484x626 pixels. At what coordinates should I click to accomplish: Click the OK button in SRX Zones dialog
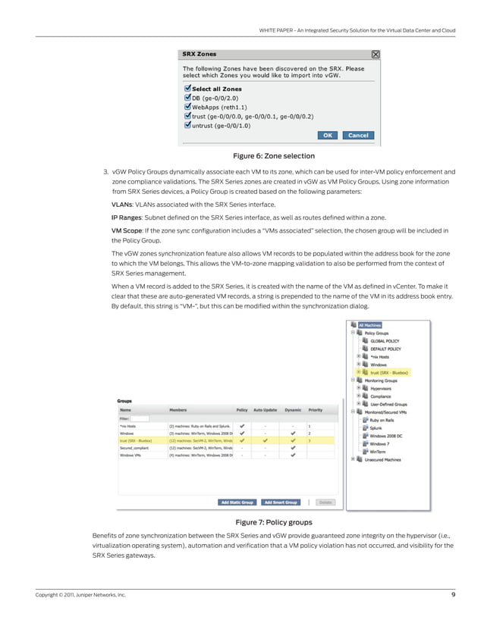tap(327, 135)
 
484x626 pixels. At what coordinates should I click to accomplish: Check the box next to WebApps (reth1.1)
tap(187, 108)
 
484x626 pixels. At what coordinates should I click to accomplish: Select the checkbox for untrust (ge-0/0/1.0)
tap(187, 126)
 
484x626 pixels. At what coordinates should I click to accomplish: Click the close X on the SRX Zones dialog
tap(375, 55)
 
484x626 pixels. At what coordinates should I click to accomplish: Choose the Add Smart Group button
tap(280, 502)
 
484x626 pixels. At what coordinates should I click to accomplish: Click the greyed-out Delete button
tap(324, 502)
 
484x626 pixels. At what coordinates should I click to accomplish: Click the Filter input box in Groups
tap(141, 418)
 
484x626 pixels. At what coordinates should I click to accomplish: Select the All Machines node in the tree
tap(370, 325)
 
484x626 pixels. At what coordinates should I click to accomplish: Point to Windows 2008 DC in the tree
tap(388, 436)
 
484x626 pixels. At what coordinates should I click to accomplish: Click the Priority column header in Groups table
tap(315, 409)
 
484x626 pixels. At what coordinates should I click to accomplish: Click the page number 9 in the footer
tap(453, 595)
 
